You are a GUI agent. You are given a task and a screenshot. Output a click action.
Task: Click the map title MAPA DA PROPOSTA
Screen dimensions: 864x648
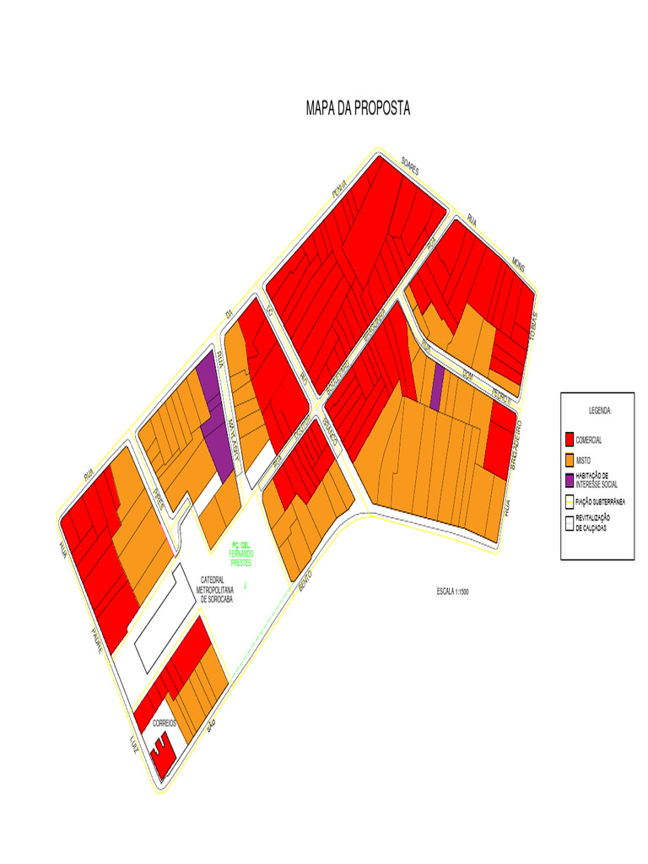point(358,110)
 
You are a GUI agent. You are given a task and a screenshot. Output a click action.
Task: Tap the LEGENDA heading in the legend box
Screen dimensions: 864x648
point(600,410)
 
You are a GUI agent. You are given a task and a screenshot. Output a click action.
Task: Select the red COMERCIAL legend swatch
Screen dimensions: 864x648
point(570,440)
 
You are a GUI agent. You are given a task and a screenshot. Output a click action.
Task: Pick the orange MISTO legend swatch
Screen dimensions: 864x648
point(570,460)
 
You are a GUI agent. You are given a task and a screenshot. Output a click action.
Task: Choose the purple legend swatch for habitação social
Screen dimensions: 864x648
point(570,480)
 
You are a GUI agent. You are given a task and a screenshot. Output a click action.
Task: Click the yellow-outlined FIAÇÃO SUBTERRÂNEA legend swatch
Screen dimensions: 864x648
point(570,501)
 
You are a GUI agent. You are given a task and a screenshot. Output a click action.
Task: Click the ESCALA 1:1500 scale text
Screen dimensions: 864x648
point(447,592)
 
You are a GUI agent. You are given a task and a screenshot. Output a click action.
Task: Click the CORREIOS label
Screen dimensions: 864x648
point(164,724)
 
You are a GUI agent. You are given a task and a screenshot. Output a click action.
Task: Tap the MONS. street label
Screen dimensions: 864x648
point(519,266)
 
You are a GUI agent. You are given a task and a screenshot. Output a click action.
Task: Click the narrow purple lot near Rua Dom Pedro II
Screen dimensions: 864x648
point(436,387)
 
